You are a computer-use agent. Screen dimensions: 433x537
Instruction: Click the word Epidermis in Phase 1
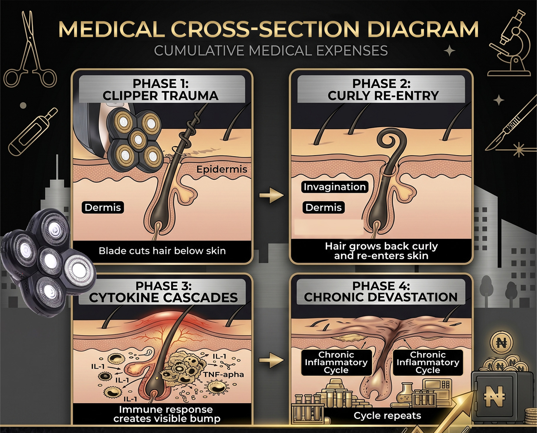(222, 169)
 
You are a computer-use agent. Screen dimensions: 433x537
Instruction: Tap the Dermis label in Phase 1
(103, 207)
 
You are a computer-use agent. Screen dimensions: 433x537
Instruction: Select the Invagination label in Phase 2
(335, 187)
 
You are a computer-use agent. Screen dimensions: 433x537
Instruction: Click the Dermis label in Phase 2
(323, 207)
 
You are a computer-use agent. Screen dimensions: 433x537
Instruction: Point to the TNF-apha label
(224, 374)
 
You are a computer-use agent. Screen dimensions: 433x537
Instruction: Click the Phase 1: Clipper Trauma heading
(160, 90)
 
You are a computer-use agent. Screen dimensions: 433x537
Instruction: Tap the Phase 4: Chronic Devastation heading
(381, 292)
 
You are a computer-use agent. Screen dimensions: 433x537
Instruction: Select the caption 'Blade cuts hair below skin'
(162, 251)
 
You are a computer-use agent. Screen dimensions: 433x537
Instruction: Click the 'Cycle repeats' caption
(387, 416)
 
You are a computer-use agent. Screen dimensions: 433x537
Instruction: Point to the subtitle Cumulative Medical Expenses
(271, 51)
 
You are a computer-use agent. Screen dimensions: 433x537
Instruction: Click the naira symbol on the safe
(494, 396)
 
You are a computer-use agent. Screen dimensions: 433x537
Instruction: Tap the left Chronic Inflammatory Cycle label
(336, 362)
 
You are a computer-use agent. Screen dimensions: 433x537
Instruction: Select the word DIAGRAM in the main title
(423, 29)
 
